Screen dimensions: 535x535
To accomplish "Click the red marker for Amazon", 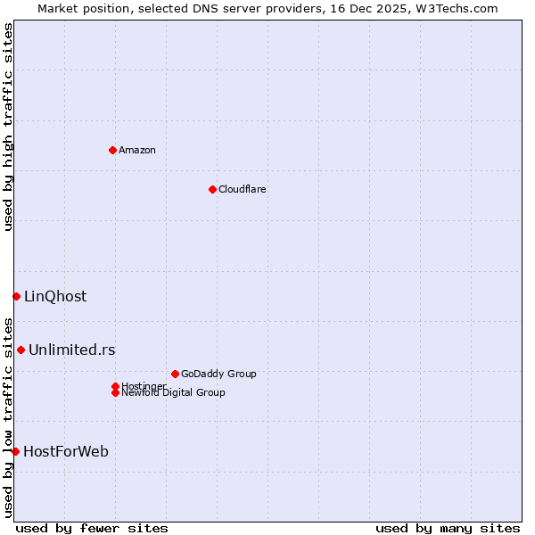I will (x=112, y=150).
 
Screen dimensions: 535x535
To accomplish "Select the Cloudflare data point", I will (x=212, y=189).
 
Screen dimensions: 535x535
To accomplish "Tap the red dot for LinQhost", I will (x=16, y=296).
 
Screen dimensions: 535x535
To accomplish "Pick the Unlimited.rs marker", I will (x=21, y=350).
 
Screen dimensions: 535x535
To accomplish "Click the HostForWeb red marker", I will (x=15, y=451).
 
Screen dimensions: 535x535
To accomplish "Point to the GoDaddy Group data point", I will (x=175, y=374).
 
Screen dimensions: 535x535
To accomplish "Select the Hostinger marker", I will (x=115, y=386).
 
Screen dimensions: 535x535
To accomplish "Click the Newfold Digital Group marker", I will (x=115, y=392).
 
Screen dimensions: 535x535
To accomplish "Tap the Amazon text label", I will (x=137, y=150).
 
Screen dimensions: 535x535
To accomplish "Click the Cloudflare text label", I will (x=243, y=189).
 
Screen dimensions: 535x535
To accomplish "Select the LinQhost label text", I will (x=55, y=297).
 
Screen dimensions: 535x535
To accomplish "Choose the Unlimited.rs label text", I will (x=72, y=350).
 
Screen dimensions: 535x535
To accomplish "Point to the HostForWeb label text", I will (x=66, y=452).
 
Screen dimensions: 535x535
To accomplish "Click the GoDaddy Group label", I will (x=218, y=374).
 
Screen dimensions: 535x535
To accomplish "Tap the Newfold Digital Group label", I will (x=174, y=393).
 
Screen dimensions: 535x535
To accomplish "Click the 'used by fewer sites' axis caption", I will (x=92, y=528).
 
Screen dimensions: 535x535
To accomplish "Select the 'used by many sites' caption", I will (x=448, y=528).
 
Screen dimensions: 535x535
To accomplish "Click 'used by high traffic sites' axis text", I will (x=8, y=127).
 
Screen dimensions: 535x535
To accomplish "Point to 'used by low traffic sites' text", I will (x=8, y=417).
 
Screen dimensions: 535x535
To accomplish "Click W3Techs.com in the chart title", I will (x=454, y=8).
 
